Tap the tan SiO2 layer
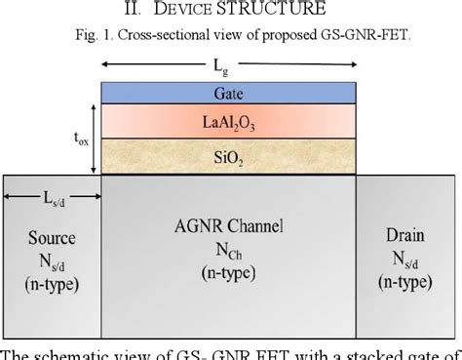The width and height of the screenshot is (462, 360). tap(227, 155)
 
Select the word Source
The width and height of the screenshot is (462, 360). tap(50, 238)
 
